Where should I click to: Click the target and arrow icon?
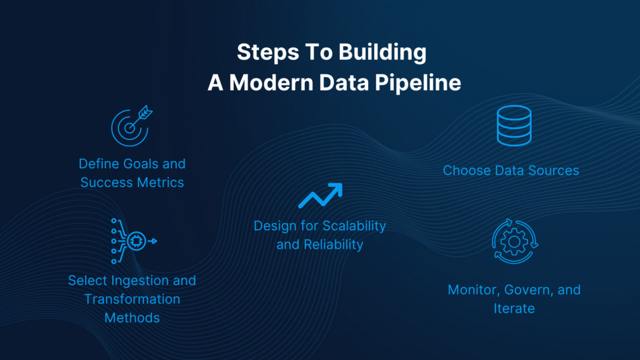pos(131,126)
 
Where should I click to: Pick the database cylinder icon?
pos(513,125)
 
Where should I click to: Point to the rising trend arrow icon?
pos(320,196)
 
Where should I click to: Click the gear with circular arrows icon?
pos(515,241)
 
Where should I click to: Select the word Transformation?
pos(132,299)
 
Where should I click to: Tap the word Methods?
pos(132,317)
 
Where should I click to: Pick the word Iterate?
pos(514,308)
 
